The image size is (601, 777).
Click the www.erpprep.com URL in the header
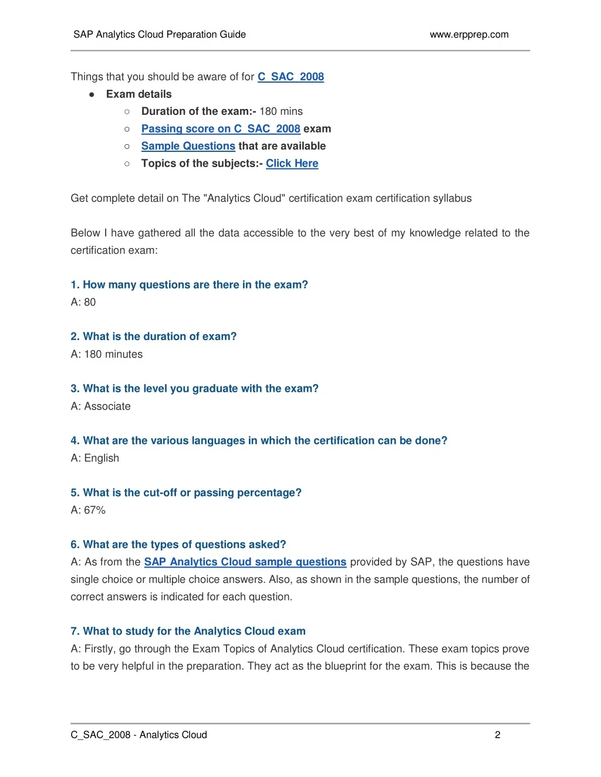click(469, 35)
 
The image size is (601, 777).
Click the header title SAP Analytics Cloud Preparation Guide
click(160, 35)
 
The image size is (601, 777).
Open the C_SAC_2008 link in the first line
click(291, 77)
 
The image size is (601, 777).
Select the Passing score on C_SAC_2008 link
click(221, 129)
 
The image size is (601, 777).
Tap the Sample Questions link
click(188, 146)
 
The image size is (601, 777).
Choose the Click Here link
click(292, 164)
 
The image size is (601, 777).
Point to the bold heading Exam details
click(139, 94)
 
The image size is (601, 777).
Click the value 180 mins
click(281, 111)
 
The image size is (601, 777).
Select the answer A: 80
click(83, 302)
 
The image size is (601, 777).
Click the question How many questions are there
click(189, 285)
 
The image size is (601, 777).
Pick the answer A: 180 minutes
click(107, 354)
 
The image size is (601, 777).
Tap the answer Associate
click(107, 406)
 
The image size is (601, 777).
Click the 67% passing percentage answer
click(95, 510)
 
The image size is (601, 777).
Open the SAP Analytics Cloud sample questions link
click(245, 562)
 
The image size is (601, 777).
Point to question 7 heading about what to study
click(188, 631)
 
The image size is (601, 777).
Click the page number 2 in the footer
click(498, 735)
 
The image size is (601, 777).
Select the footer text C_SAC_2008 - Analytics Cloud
click(139, 735)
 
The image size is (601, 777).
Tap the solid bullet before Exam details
click(92, 94)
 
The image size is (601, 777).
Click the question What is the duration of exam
click(154, 337)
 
